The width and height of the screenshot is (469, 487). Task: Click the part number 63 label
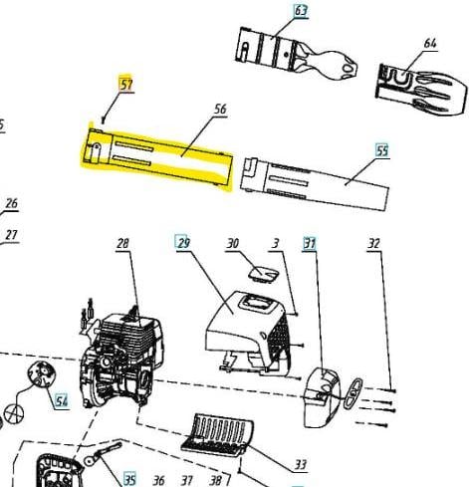[x=301, y=11]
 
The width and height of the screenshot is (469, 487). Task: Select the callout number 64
[x=430, y=43]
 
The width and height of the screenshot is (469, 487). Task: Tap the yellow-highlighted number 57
[x=125, y=84]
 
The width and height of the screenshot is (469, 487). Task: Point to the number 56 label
[x=220, y=109]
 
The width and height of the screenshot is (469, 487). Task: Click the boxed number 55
[x=382, y=151]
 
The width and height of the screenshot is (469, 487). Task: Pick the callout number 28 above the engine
[x=122, y=244]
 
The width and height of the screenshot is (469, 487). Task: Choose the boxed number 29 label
[x=182, y=242]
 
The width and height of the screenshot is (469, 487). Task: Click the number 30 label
[x=232, y=243]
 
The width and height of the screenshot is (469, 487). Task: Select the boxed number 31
[x=310, y=244]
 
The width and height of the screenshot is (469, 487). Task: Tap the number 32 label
[x=373, y=244]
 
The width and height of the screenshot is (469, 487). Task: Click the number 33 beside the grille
[x=301, y=464]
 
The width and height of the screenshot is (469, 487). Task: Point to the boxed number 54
[x=62, y=401]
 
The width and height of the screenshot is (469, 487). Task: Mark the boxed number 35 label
[x=129, y=480]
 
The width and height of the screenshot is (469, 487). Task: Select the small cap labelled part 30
[x=264, y=274]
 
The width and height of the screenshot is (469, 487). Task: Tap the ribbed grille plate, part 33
[x=218, y=434]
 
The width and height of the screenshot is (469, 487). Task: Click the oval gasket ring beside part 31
[x=353, y=393]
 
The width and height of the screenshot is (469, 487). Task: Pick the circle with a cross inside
[x=14, y=413]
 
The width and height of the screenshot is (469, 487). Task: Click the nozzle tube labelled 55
[x=315, y=183]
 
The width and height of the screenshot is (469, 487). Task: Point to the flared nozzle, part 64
[x=421, y=90]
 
